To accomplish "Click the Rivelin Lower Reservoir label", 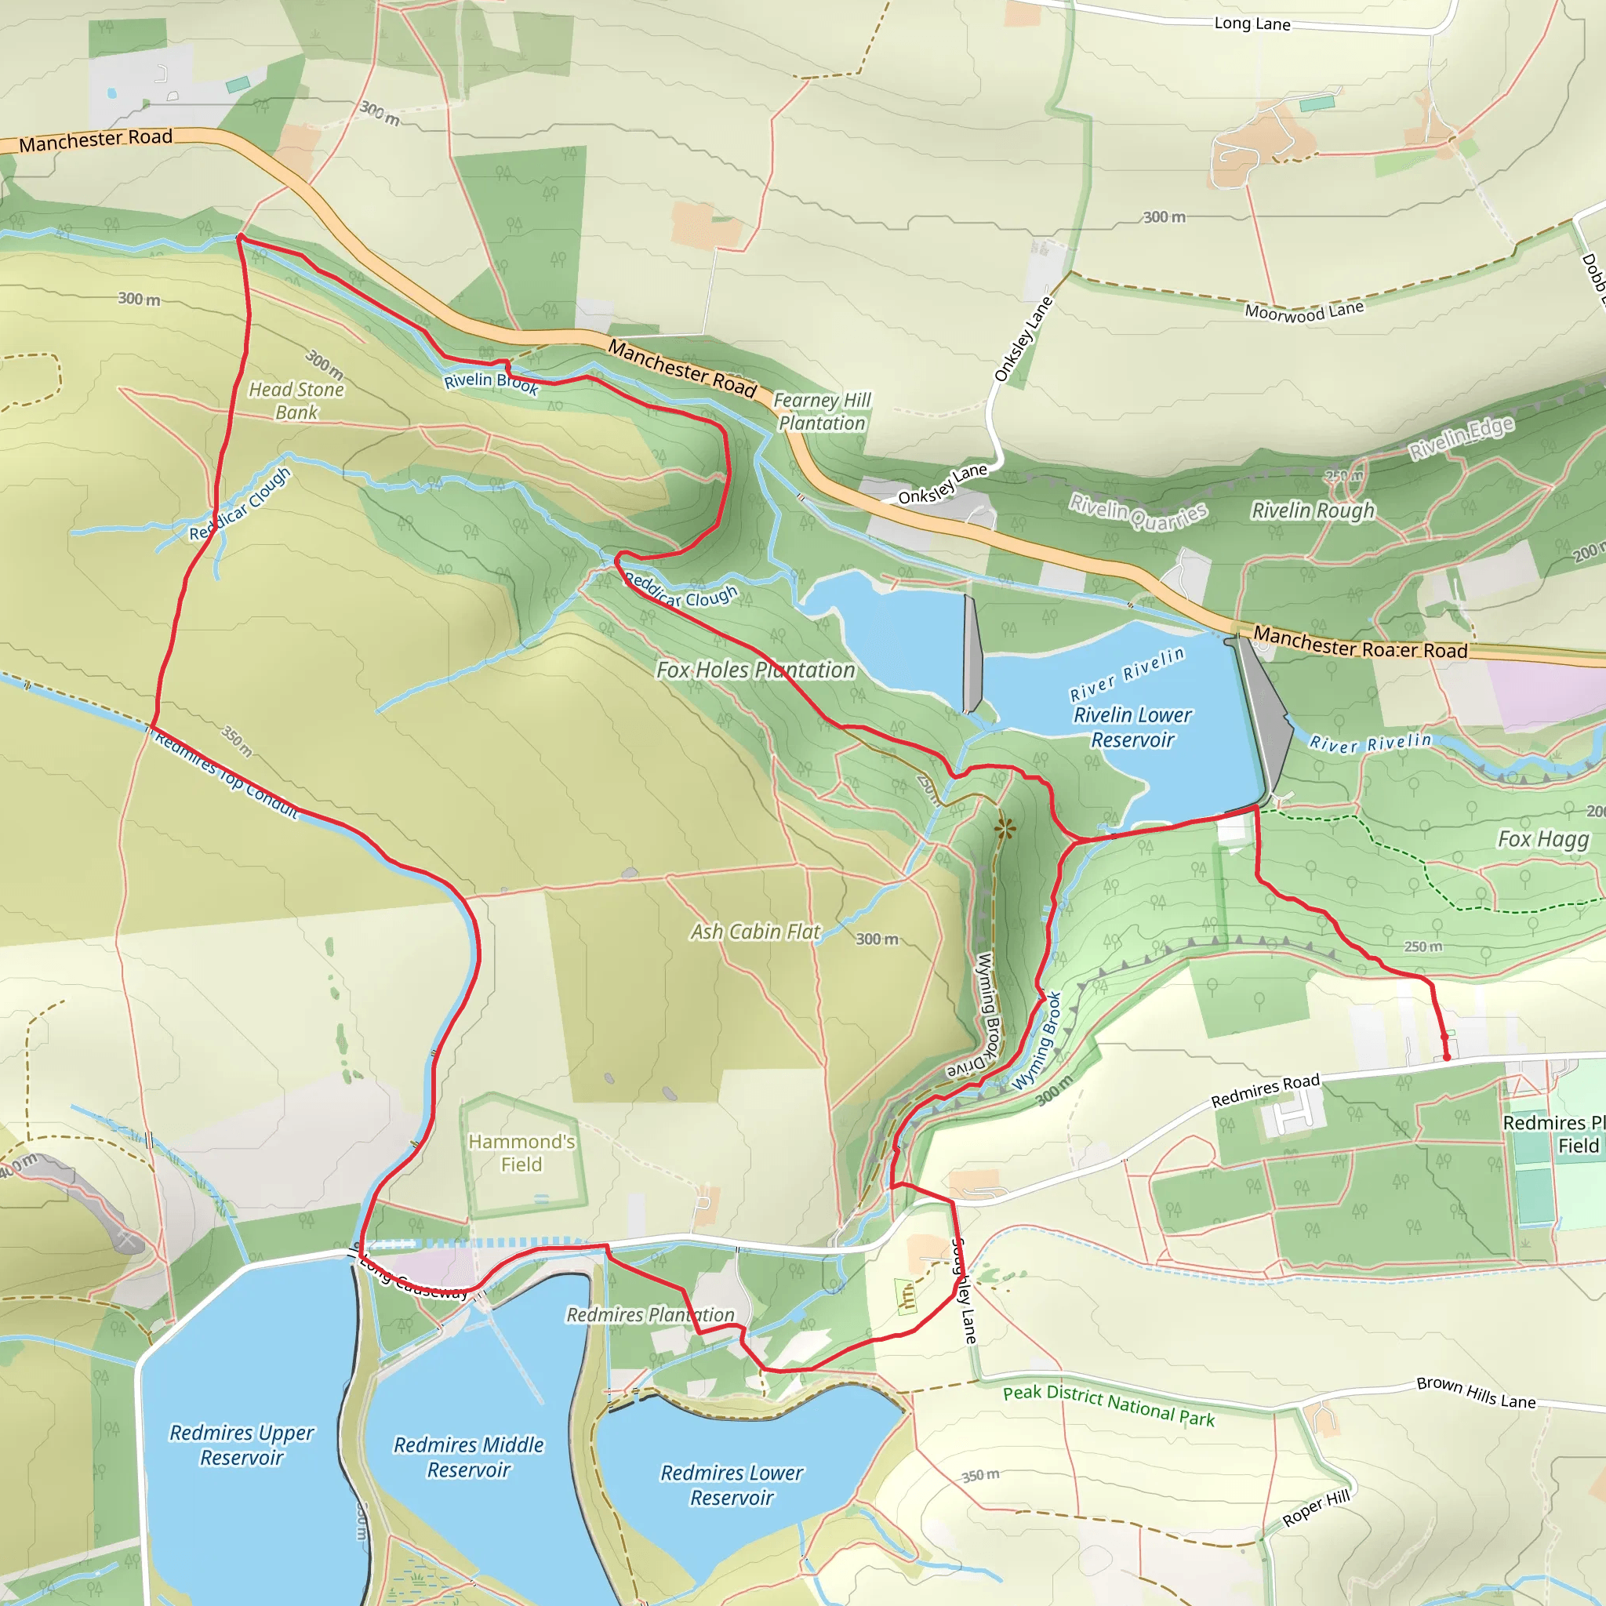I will coord(1132,728).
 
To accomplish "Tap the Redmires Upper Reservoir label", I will coord(242,1444).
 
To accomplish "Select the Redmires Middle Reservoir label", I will coord(469,1457).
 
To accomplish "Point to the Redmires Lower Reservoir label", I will coord(732,1484).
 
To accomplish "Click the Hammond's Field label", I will coord(521,1153).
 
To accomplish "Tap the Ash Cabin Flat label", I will coord(755,932).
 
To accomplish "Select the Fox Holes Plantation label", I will coord(755,670).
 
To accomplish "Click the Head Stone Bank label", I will coord(296,401).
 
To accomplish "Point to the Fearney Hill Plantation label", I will coord(821,412).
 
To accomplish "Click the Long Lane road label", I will coord(1252,24).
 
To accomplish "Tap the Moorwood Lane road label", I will coord(1303,311).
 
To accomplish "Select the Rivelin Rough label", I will coord(1313,511).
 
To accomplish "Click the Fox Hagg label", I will coord(1542,839).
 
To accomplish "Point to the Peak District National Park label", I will coord(1108,1406).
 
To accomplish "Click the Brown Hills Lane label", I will coord(1476,1393).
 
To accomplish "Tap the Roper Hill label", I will coord(1316,1508).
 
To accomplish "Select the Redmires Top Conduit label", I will coord(226,775).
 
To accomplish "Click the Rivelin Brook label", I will coord(490,383).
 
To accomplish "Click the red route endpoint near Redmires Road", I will coord(1446,1056).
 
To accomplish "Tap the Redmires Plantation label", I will coord(650,1315).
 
